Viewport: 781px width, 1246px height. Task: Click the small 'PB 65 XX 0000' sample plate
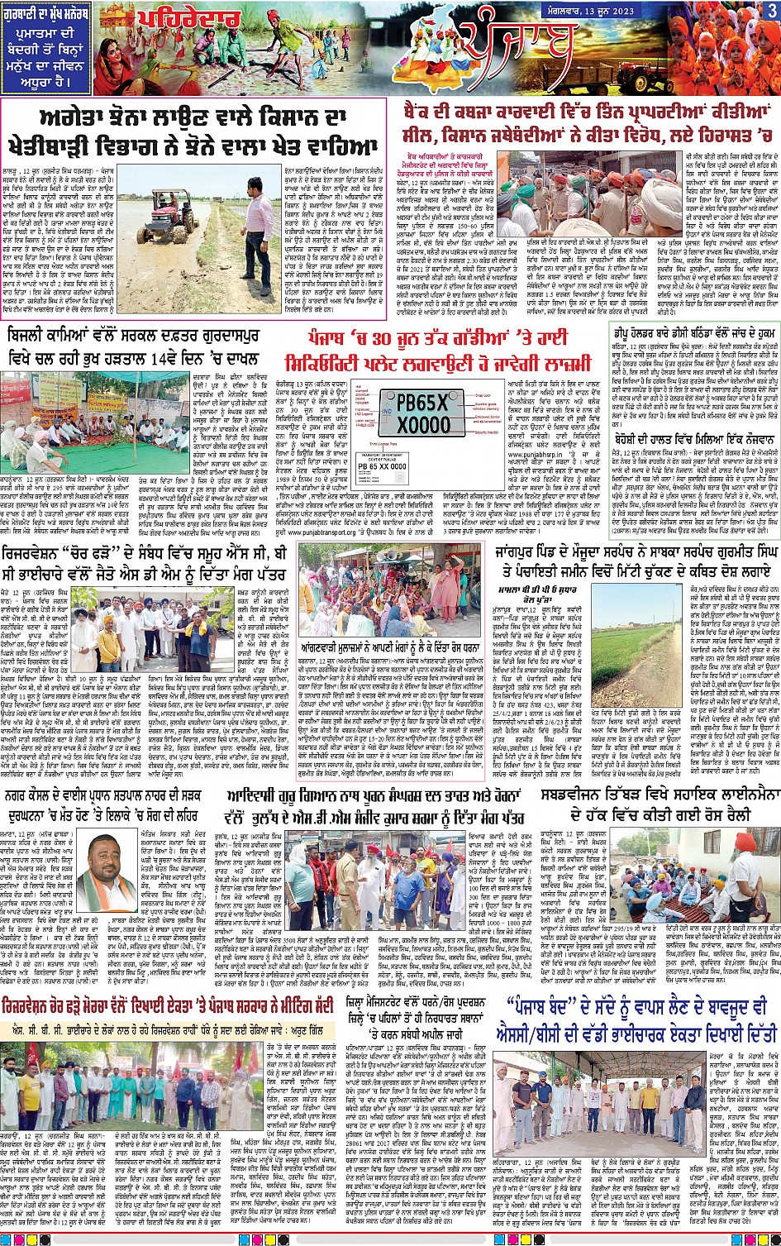(388, 466)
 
